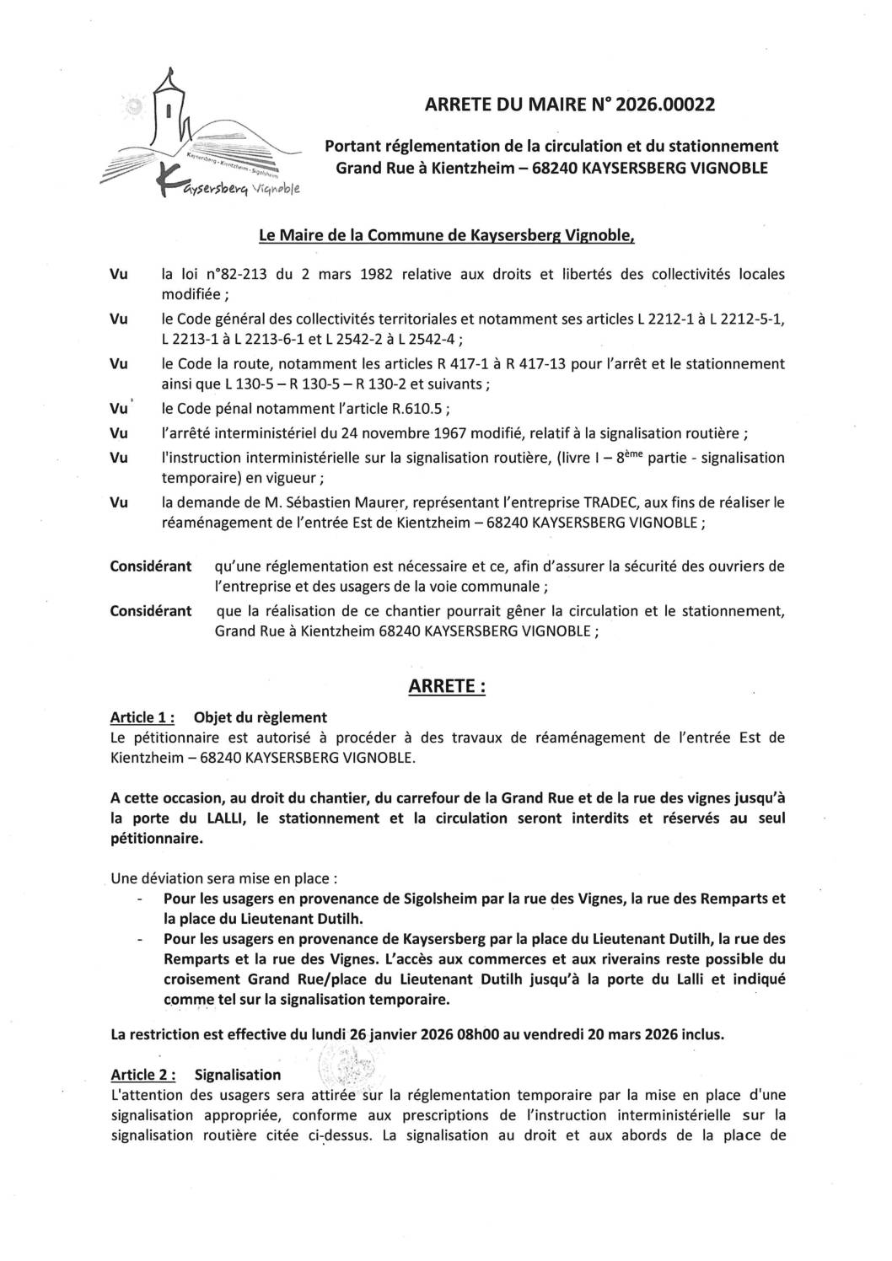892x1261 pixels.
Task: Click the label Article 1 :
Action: pyautogui.click(x=142, y=717)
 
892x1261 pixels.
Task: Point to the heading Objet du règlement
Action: pyautogui.click(x=260, y=717)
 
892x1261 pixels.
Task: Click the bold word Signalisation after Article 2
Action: pyautogui.click(x=238, y=1075)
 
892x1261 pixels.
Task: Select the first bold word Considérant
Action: pyautogui.click(x=151, y=566)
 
